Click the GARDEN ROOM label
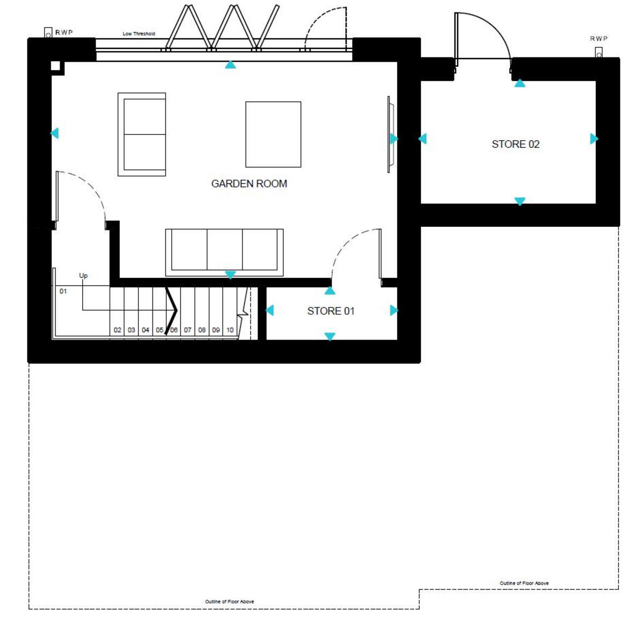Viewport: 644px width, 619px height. [249, 184]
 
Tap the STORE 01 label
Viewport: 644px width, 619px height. [331, 311]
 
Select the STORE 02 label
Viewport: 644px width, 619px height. [515, 144]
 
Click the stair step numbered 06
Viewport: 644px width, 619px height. [174, 330]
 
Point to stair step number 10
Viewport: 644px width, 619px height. [230, 330]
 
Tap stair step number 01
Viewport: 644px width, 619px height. [63, 291]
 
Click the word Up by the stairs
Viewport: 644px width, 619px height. [83, 276]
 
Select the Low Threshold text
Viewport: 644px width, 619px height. [138, 34]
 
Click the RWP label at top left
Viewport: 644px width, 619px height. [64, 33]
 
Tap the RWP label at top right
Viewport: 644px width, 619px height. [598, 39]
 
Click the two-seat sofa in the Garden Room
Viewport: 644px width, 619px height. [142, 134]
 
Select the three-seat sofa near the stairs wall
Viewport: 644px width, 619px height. [224, 251]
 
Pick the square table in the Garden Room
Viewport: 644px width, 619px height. [273, 134]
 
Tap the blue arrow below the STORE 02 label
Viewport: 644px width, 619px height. [519, 201]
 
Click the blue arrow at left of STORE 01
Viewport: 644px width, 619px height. [269, 310]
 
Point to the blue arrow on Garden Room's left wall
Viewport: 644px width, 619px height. [54, 133]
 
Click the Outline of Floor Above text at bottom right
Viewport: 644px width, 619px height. [524, 583]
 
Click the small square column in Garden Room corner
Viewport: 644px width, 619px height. [56, 66]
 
